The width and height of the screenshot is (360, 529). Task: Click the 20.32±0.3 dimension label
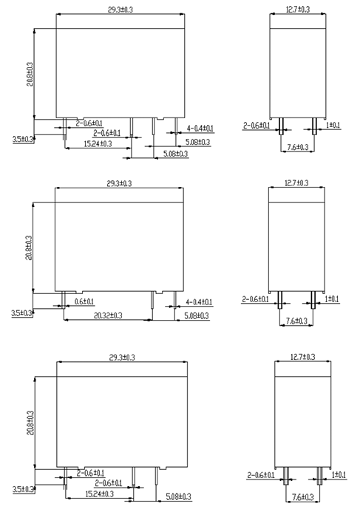(108, 315)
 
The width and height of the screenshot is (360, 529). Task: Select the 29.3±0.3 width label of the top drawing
(120, 10)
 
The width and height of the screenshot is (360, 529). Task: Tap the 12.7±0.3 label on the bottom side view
(302, 357)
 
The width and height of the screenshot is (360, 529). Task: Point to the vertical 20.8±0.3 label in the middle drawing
(29, 248)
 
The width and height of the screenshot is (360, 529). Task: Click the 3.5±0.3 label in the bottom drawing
(23, 489)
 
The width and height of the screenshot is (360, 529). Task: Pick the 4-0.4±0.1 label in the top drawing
(200, 129)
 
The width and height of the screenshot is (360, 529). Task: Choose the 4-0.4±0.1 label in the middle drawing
(199, 302)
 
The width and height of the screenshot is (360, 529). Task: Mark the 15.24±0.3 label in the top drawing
(98, 144)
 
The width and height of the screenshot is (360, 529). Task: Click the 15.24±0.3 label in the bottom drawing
(100, 494)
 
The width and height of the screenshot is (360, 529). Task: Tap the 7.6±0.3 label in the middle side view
(296, 321)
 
